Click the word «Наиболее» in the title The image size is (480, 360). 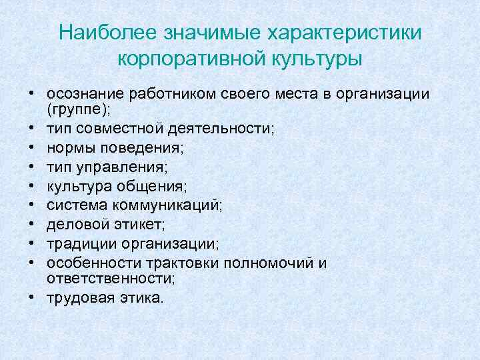tap(106, 33)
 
